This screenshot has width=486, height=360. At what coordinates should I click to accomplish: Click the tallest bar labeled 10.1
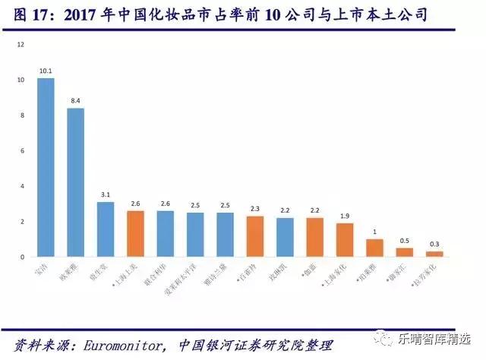(46, 167)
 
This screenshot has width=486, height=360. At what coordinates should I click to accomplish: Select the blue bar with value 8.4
(75, 182)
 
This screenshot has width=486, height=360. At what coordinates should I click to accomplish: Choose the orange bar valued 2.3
(254, 236)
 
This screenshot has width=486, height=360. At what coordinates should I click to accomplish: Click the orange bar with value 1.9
(345, 240)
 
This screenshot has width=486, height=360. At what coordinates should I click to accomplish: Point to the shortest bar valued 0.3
(434, 254)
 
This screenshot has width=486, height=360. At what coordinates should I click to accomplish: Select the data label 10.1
(46, 71)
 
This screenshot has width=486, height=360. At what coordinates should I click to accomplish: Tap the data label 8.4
(75, 100)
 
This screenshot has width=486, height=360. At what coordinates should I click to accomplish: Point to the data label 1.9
(345, 216)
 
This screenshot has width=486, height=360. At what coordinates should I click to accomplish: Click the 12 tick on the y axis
(20, 44)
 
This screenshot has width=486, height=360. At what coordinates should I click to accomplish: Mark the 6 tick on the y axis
(21, 150)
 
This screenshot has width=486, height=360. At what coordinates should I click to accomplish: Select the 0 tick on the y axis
(21, 257)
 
